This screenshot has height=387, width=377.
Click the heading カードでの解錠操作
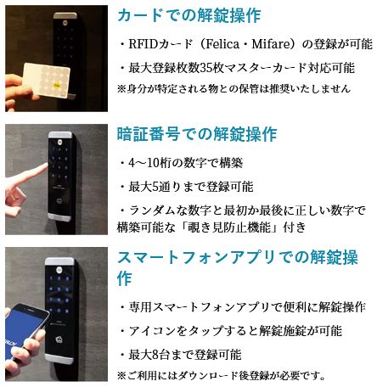pos(188,15)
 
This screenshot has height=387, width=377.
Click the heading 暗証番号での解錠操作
pos(197,134)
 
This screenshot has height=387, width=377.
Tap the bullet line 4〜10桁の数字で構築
pos(181,163)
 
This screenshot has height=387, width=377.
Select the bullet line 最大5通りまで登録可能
pos(187,187)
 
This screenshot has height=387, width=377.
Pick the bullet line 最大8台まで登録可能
pos(181,355)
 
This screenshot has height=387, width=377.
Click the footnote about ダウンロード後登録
pos(222,376)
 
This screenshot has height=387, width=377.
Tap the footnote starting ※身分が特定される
pos(234,89)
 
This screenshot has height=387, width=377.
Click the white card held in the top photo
pos(47,80)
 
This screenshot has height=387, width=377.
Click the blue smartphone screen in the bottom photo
pos(23,324)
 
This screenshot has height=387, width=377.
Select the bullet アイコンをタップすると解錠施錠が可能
pos(231,331)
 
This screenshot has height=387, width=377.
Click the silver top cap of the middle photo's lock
pos(60,135)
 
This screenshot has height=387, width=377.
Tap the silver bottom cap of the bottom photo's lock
pos(59,359)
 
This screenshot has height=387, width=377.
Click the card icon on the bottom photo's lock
pos(60,339)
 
